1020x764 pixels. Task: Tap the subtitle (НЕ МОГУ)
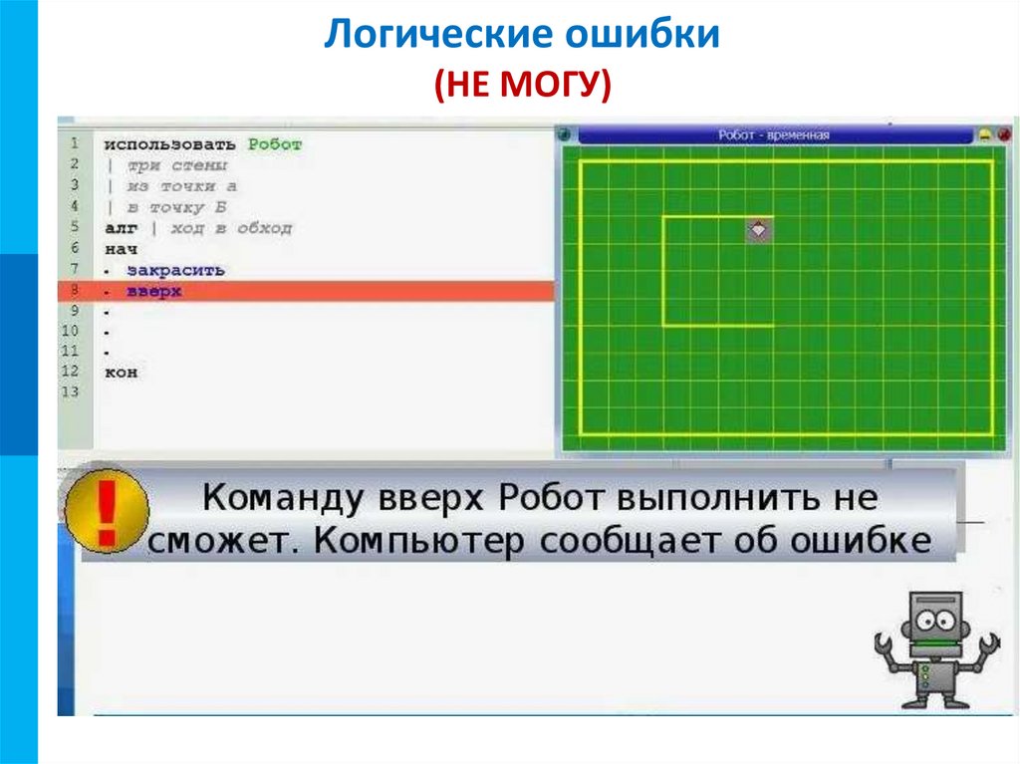(521, 86)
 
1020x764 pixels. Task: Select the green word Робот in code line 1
(275, 144)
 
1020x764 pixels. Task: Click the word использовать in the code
(170, 144)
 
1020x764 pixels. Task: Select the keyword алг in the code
(119, 228)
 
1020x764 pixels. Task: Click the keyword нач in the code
(120, 249)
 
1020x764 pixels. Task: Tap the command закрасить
(175, 270)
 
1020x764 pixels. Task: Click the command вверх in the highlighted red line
(153, 291)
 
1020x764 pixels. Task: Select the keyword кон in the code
(121, 373)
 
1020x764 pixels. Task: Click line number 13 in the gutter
(69, 392)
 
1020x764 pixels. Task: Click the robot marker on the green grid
(759, 229)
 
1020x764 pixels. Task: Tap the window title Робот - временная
(773, 135)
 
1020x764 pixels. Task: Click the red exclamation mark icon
(107, 512)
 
